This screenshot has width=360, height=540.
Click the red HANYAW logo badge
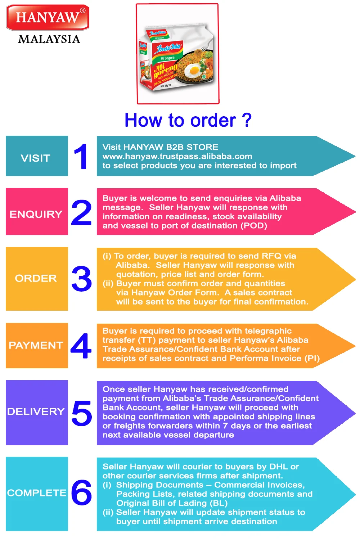[x=48, y=17]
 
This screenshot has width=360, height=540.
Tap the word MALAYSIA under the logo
[x=49, y=39]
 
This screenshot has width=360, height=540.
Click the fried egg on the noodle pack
[x=194, y=69]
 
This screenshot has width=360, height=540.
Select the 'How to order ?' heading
[x=188, y=120]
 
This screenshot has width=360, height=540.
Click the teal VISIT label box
[x=37, y=156]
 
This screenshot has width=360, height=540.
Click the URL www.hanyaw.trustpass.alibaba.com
[x=177, y=156]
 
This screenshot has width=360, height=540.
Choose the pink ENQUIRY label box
[x=37, y=212]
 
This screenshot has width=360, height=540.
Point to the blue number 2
[x=81, y=213]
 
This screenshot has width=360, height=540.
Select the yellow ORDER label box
[x=37, y=279]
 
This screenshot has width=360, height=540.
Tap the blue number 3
[x=82, y=279]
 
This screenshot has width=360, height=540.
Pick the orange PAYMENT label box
[x=37, y=346]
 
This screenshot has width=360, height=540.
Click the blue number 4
[x=81, y=346]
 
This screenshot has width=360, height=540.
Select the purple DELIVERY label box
[x=37, y=413]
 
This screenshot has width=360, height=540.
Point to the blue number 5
[x=82, y=413]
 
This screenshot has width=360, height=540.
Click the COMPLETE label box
[x=37, y=494]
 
